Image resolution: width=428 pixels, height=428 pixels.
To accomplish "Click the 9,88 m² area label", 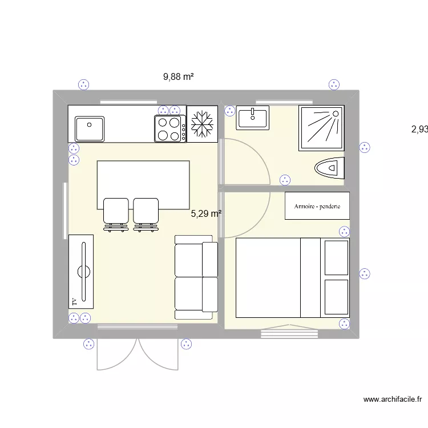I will [179, 77].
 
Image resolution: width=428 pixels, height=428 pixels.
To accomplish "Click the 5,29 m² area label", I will [206, 214].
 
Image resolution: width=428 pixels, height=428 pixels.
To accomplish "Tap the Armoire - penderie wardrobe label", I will [317, 206].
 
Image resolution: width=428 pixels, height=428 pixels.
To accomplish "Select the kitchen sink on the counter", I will [88, 128].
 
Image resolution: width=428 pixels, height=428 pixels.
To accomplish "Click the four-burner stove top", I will [169, 128].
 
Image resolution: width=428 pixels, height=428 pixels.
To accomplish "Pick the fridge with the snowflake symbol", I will [201, 124].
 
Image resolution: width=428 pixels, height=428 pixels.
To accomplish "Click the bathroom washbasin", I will [253, 118].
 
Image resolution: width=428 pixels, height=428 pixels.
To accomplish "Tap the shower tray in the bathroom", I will [321, 128].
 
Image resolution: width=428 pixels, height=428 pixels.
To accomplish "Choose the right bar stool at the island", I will [146, 213].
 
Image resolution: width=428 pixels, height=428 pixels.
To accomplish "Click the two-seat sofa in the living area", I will [196, 277].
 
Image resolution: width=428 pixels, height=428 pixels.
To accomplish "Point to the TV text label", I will [74, 300].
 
